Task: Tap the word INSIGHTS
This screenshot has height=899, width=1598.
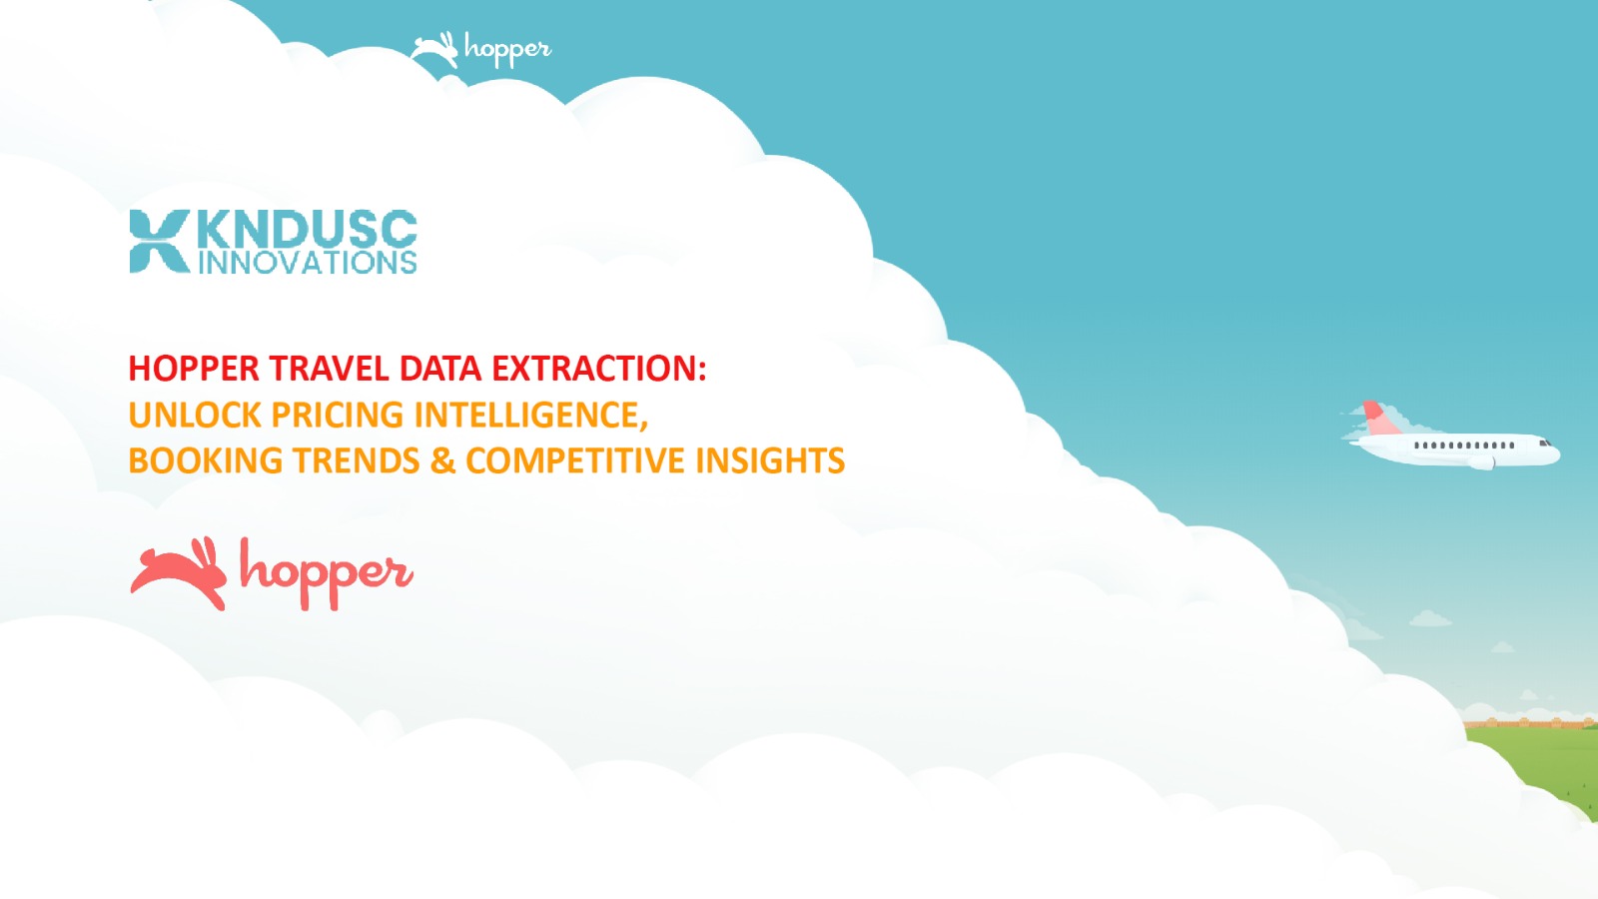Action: click(x=770, y=460)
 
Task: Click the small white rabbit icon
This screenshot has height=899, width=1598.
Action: click(x=434, y=49)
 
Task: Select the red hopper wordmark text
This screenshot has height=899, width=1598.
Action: click(x=326, y=572)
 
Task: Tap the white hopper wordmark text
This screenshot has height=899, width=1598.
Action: click(x=507, y=50)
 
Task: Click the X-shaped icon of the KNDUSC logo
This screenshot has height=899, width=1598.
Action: click(x=159, y=241)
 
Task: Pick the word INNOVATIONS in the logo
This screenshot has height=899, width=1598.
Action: click(x=307, y=263)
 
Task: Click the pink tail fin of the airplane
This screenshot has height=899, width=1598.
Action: click(x=1378, y=418)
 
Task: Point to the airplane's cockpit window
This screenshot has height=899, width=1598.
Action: click(x=1544, y=443)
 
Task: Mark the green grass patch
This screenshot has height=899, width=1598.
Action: click(x=1543, y=764)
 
